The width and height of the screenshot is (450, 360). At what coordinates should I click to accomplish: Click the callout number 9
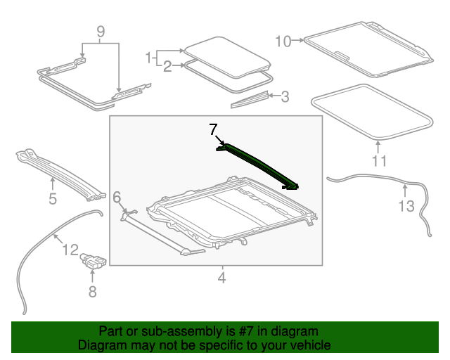point(100,32)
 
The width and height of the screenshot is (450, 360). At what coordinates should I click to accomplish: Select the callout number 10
point(283,41)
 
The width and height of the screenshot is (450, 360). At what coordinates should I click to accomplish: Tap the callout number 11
point(379,161)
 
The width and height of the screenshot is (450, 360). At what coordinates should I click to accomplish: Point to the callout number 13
point(406,206)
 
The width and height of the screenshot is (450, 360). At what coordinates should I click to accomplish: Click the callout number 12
point(70,249)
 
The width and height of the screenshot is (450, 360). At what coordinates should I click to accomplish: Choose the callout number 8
point(92,291)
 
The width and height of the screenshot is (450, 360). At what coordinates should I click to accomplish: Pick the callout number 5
point(53,200)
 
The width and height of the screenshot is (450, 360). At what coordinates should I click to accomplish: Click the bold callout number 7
point(213,129)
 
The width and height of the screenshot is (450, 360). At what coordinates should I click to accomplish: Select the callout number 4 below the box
point(221,278)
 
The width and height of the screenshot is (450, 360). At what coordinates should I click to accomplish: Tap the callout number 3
point(285,96)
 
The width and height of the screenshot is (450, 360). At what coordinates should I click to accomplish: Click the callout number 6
point(117,197)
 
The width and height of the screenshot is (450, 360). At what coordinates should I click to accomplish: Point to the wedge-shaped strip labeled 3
point(250,98)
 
